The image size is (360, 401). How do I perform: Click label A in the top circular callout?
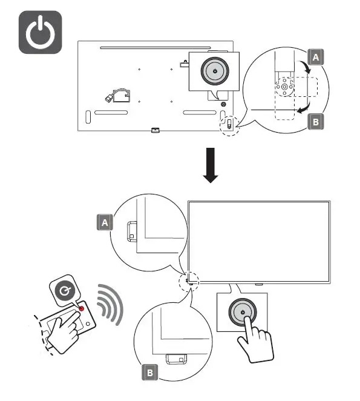pyautogui.click(x=315, y=58)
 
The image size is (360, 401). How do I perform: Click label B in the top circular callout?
pyautogui.click(x=315, y=121)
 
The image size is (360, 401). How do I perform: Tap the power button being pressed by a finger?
pyautogui.click(x=242, y=313)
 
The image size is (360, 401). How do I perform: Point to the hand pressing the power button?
pyautogui.click(x=254, y=342)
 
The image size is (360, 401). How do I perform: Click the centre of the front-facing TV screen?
pyautogui.click(x=259, y=241)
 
